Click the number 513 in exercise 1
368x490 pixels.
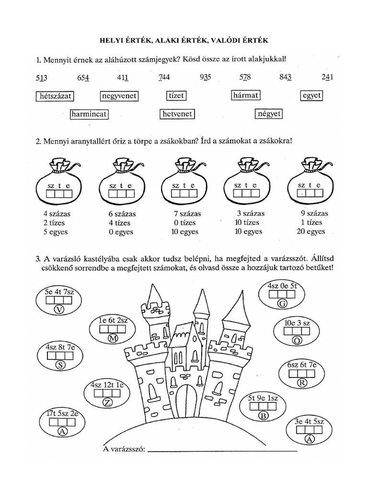[42, 78]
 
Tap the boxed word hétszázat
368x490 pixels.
[54, 96]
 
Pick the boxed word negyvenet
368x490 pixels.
[119, 96]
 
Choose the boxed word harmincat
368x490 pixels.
[89, 114]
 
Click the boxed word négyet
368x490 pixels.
[269, 114]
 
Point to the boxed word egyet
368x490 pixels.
[311, 96]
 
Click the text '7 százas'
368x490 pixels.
[187, 213]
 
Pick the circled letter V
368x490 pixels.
[59, 309]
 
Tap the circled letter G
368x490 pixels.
[282, 303]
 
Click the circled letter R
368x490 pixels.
[302, 383]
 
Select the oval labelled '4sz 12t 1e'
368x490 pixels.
[107, 393]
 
